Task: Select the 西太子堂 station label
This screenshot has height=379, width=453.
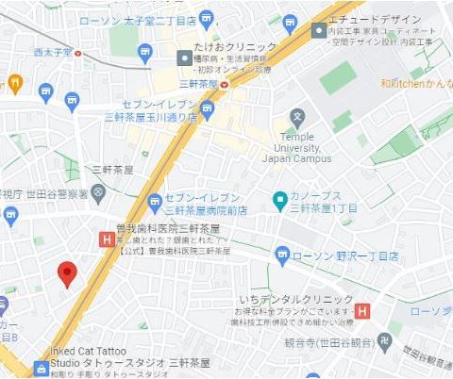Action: coord(53,52)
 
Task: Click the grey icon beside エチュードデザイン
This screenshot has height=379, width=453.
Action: coord(319,31)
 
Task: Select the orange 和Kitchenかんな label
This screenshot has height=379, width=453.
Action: coord(416,83)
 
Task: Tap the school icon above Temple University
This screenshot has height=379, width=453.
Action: coord(298,118)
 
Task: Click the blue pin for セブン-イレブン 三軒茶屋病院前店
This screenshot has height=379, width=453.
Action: coord(156,200)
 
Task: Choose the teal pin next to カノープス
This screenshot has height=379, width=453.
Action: coord(279,200)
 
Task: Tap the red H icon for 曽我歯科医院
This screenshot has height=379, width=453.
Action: coord(106,241)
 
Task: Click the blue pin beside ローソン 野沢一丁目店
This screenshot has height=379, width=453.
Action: coord(282,255)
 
